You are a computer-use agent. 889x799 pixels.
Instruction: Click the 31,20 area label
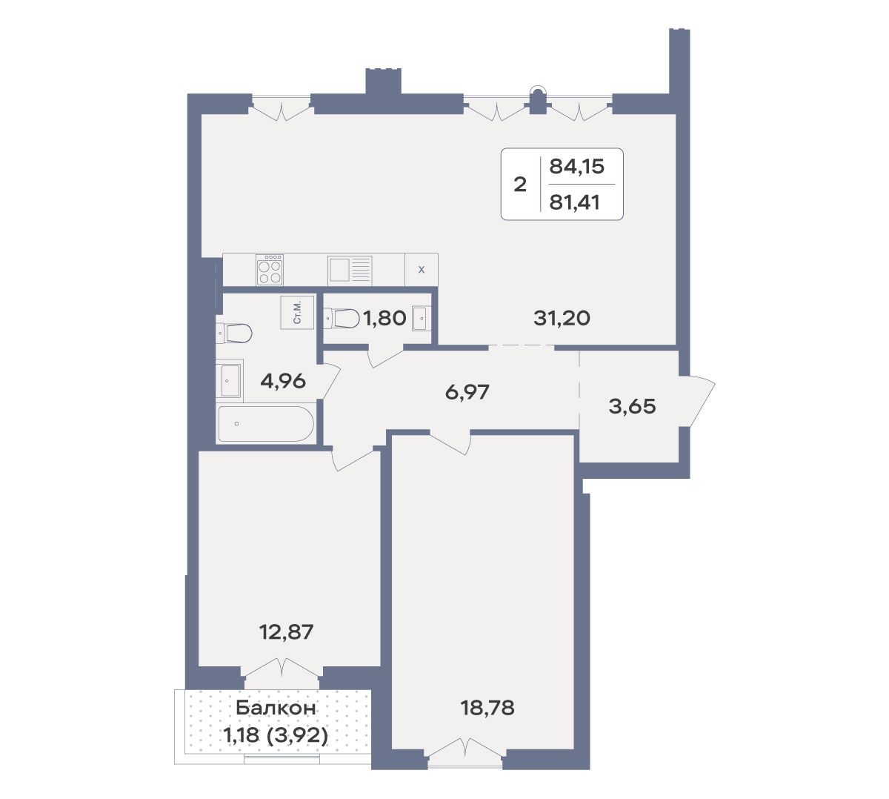pos(562,318)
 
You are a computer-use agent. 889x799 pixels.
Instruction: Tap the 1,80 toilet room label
pos(384,318)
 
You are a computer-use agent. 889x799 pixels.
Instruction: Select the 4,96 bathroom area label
pos(283,382)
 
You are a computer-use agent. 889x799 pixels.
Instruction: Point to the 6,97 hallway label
pos(467,392)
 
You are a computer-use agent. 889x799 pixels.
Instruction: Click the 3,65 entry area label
pos(633,406)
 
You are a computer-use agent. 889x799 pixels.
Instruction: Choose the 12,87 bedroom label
pos(286,632)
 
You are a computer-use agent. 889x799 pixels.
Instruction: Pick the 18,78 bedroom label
pos(487,708)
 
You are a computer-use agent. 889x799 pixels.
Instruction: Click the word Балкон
pos(276,708)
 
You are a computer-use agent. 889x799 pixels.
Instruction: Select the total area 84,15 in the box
pos(577,166)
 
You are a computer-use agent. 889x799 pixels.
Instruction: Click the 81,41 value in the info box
pos(574,202)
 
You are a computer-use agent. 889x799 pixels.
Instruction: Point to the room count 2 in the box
pos(520,185)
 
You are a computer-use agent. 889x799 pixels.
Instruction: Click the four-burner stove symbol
pos(270,270)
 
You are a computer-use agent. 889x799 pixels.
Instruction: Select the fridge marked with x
pos(422,270)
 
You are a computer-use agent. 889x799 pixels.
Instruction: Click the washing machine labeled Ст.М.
pos(298,312)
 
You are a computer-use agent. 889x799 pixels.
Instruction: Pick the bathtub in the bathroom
pos(266,424)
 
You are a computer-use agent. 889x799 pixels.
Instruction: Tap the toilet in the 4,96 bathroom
pos(234,334)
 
